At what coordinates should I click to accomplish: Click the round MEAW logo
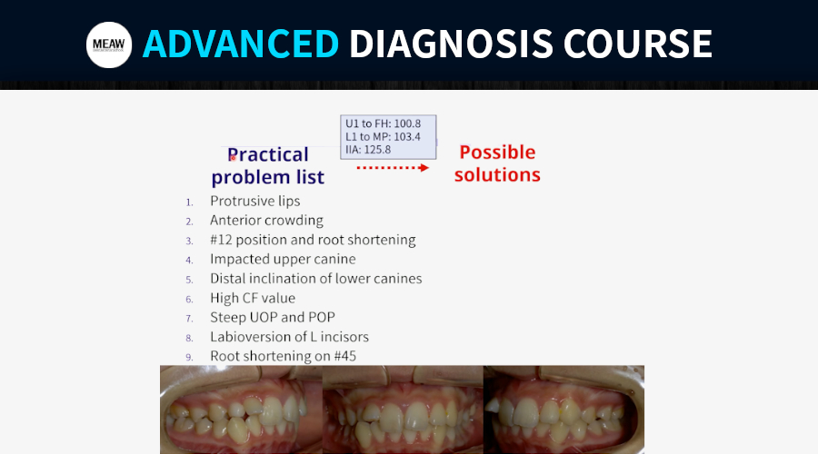tap(109, 44)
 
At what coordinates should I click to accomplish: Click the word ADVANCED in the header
tap(241, 44)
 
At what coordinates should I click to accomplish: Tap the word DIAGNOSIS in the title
tap(451, 44)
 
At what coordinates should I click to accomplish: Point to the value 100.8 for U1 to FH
tap(407, 123)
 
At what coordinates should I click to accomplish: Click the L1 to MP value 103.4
tap(407, 136)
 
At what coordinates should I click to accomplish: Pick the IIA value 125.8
tap(378, 150)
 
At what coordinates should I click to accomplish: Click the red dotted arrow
tap(393, 167)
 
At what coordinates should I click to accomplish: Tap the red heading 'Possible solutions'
tap(497, 163)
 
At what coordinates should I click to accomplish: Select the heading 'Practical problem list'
tap(267, 166)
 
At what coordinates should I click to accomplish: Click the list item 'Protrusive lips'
tap(255, 202)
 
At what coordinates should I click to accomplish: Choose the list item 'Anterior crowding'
tap(266, 221)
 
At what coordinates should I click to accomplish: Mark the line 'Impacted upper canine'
tap(283, 259)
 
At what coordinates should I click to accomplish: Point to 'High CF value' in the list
tap(253, 298)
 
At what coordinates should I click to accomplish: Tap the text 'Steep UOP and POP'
tap(273, 318)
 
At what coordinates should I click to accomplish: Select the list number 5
tap(189, 280)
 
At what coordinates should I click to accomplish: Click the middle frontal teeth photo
tap(403, 410)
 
